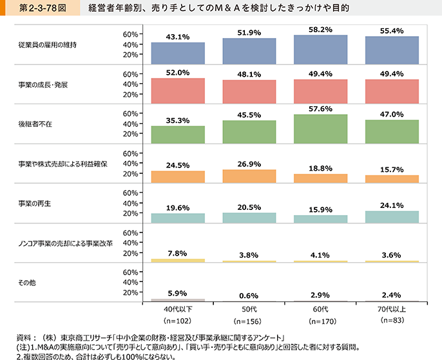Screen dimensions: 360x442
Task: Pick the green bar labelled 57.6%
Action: [x=320, y=127]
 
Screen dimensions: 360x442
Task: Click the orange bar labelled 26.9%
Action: [x=249, y=176]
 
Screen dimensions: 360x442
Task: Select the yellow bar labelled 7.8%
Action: [x=178, y=260]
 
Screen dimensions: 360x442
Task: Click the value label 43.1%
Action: [x=178, y=37]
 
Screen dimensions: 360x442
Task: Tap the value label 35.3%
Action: [x=178, y=119]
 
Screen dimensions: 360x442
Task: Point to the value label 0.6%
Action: [x=249, y=296]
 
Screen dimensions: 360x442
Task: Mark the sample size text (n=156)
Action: [x=249, y=320]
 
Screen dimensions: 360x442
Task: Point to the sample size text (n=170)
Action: [x=320, y=320]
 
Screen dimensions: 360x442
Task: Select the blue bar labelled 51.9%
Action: [x=249, y=52]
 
